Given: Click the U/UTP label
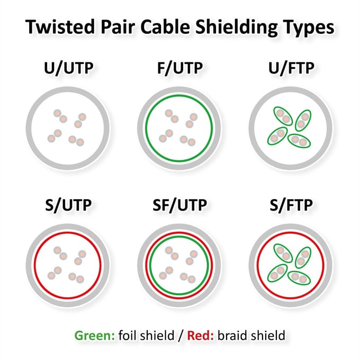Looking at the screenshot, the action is point(69,68).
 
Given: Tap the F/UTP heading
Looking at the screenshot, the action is point(180,68).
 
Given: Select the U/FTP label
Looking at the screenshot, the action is point(291,68).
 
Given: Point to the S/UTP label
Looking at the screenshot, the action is point(68,205).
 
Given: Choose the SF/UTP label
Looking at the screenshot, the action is point(180,205).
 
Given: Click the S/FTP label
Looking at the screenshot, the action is point(291,205).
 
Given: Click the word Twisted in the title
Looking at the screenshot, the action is point(60,27).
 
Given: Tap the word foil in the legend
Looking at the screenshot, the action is point(128,336).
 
